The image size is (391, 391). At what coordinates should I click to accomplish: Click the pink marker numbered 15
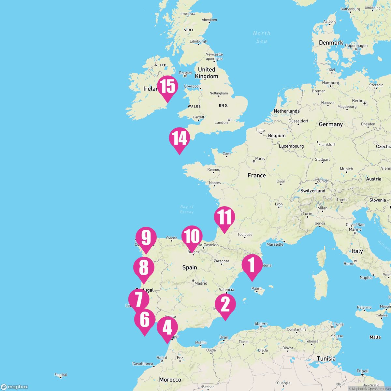pyautogui.click(x=167, y=87)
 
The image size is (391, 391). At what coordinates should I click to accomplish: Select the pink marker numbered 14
pyautogui.click(x=179, y=138)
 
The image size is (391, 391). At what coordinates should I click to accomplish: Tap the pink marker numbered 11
pyautogui.click(x=224, y=217)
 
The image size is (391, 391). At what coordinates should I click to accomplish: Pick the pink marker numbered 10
pyautogui.click(x=192, y=236)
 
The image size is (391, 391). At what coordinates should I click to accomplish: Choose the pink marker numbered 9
pyautogui.click(x=146, y=238)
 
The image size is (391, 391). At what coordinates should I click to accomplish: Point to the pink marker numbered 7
pyautogui.click(x=138, y=299)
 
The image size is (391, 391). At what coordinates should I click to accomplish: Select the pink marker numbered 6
pyautogui.click(x=145, y=320)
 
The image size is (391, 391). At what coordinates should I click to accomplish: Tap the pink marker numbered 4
pyautogui.click(x=167, y=327)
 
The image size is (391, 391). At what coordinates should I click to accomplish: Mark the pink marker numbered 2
pyautogui.click(x=225, y=304)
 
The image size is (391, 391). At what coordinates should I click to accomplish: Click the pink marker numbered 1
pyautogui.click(x=252, y=265)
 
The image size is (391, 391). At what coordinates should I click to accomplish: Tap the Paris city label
pyautogui.click(x=260, y=159)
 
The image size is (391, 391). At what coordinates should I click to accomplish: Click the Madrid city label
pyautogui.click(x=201, y=283)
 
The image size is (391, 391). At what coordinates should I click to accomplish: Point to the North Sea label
pyautogui.click(x=262, y=37)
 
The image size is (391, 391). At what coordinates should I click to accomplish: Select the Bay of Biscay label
pyautogui.click(x=187, y=209)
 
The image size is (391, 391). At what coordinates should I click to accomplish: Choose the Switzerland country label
pyautogui.click(x=313, y=191)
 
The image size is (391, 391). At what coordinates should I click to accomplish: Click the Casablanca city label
pyautogui.click(x=143, y=364)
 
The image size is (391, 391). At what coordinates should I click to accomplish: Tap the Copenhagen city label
pyautogui.click(x=356, y=46)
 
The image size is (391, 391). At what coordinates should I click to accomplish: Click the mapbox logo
pyautogui.click(x=15, y=387)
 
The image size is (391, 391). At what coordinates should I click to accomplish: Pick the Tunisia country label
pyautogui.click(x=326, y=358)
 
